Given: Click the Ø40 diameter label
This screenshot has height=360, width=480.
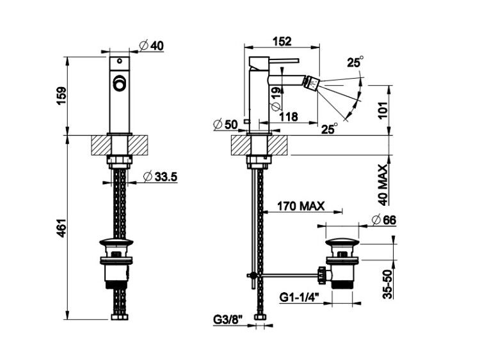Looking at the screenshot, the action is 152,46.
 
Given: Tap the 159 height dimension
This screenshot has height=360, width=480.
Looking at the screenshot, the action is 61,96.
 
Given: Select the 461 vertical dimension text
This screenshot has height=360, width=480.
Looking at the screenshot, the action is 61,228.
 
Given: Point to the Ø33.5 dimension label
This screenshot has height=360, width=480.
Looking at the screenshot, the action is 161,177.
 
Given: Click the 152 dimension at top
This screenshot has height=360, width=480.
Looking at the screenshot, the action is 282,41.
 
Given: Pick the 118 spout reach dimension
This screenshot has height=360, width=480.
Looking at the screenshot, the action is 289,116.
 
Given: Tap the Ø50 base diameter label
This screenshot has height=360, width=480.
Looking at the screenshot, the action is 226,125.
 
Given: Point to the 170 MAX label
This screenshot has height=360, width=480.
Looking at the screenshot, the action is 301,206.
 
